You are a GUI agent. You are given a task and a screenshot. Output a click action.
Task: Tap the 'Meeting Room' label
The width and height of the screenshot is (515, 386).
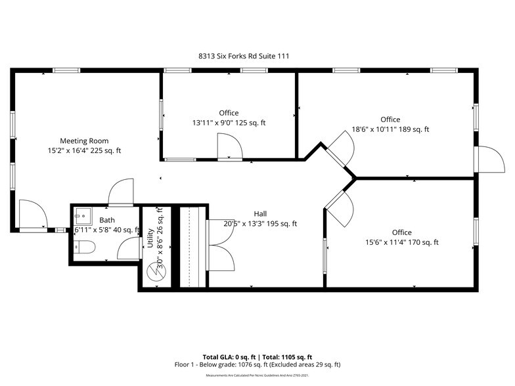click(x=84, y=140)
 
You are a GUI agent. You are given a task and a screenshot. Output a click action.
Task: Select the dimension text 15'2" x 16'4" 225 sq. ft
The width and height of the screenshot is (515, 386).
click(x=84, y=151)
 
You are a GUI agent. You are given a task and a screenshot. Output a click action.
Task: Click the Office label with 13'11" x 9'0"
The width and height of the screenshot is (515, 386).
click(x=229, y=113)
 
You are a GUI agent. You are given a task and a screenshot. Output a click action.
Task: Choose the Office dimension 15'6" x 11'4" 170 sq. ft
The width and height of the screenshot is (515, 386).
click(x=401, y=242)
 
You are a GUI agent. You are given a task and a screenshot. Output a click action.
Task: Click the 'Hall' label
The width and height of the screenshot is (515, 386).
click(x=260, y=213)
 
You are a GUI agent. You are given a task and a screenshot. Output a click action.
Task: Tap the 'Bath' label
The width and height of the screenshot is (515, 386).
click(x=106, y=220)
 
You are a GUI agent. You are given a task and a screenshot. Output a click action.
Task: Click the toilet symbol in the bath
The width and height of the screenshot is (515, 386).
click(x=85, y=247)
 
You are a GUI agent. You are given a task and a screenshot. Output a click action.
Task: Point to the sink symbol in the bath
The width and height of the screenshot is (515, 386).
click(x=83, y=215)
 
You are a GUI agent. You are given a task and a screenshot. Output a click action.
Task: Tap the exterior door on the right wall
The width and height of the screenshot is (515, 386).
click(x=487, y=158)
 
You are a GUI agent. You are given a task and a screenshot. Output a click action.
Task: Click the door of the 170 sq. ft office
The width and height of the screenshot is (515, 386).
click(x=337, y=206)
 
